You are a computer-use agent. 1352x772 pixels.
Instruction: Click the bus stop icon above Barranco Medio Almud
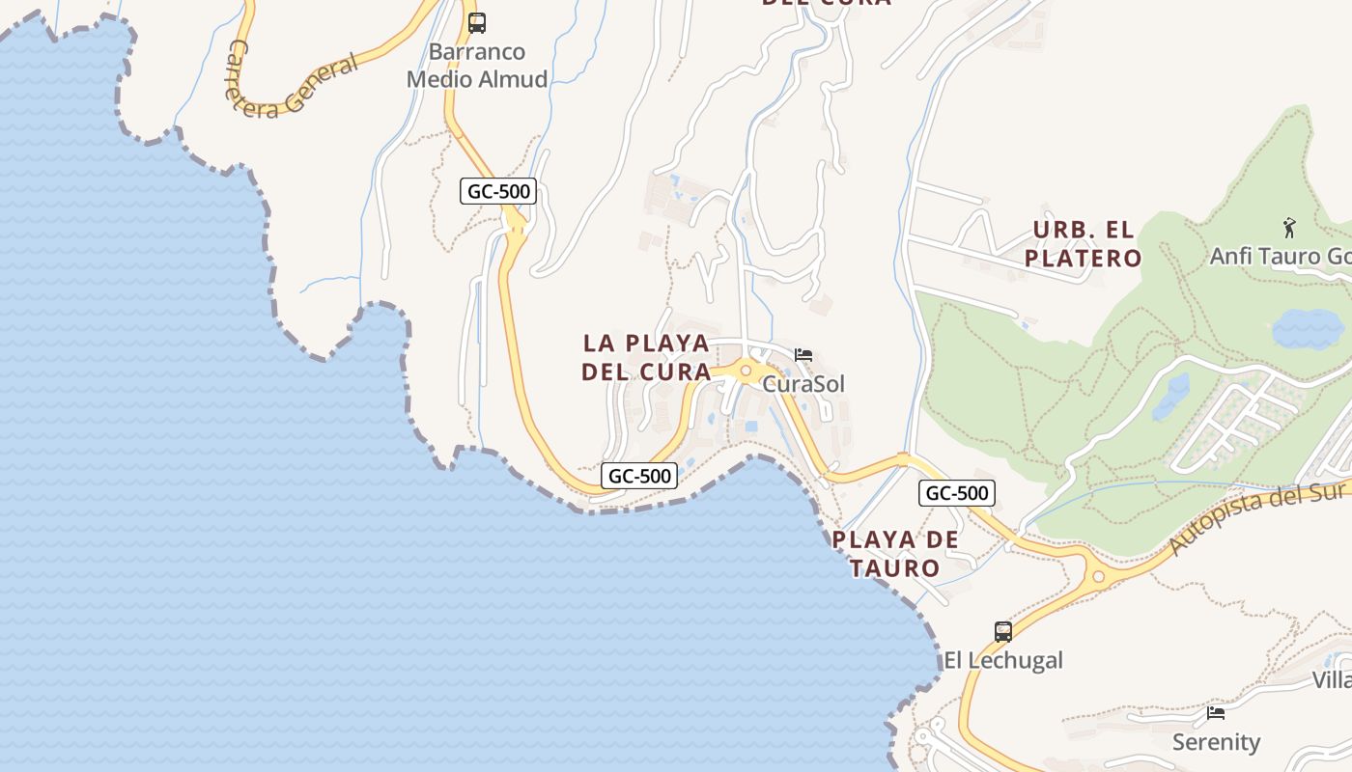(477, 23)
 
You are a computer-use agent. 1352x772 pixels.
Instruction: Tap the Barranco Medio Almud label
(477, 66)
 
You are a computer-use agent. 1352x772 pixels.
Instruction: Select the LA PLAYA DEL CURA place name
(647, 357)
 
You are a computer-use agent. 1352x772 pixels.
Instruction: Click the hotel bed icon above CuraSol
(803, 355)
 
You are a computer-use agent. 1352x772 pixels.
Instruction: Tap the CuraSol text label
(803, 384)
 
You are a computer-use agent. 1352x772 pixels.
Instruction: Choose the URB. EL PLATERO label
(1083, 244)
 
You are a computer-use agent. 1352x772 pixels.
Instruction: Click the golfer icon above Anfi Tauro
(1288, 229)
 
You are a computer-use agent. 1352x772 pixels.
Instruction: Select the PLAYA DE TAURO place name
(895, 554)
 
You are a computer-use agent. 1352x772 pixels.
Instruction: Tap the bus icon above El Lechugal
(1003, 632)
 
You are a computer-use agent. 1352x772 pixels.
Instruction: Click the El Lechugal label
(1003, 660)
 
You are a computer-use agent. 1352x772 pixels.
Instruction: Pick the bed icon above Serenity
(1216, 713)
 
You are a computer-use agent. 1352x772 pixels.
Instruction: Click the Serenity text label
(1216, 742)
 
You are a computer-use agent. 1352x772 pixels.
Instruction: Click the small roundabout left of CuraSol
(746, 370)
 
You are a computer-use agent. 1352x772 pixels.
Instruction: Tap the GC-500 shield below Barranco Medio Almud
(498, 191)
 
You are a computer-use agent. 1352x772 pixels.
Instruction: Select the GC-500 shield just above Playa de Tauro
(956, 493)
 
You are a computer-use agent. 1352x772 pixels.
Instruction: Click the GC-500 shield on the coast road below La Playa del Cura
(639, 476)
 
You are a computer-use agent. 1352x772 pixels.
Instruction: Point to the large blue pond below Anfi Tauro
(1308, 328)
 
